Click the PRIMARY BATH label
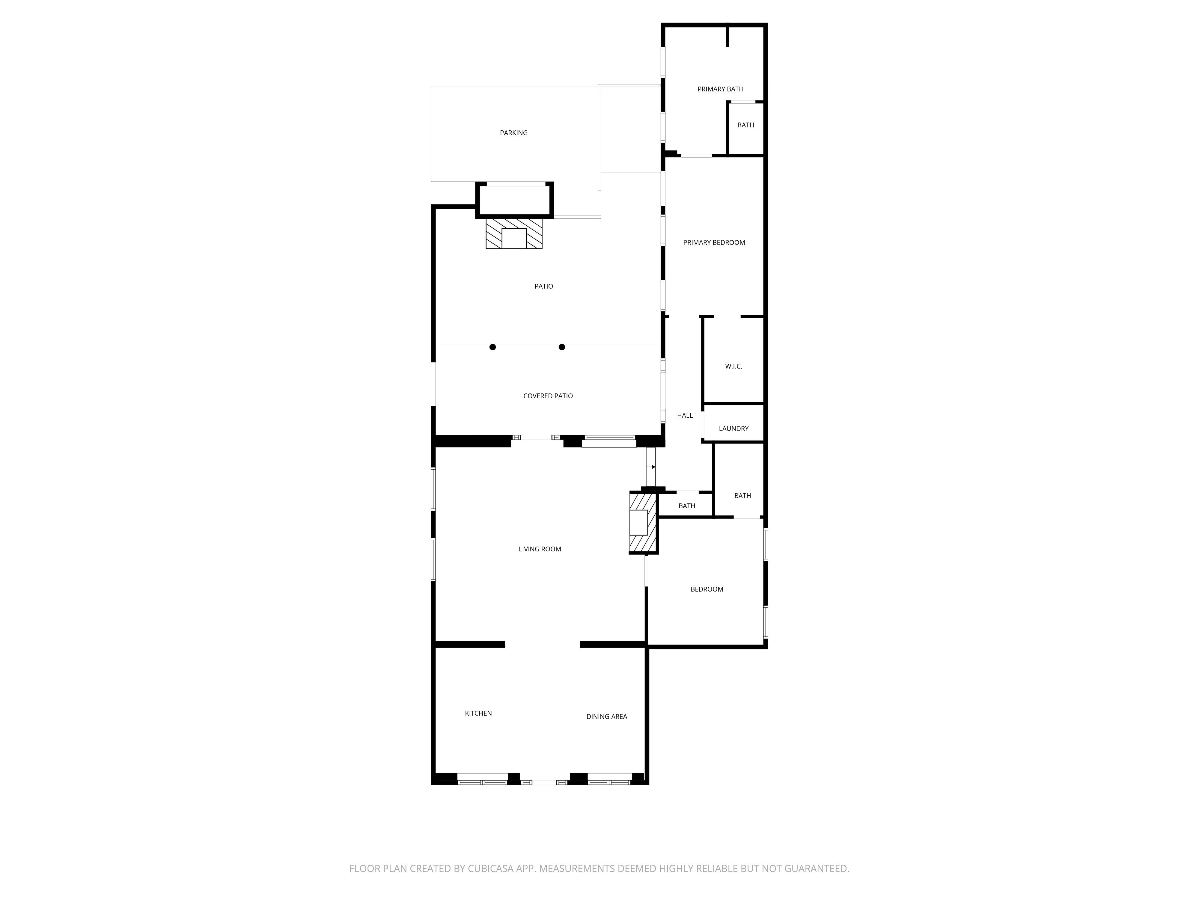tap(720, 89)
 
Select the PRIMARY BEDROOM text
tap(714, 242)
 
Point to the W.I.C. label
tap(733, 366)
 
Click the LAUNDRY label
tap(733, 429)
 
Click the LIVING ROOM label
tap(540, 549)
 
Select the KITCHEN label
tap(478, 713)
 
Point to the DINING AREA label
tap(607, 717)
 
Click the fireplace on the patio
tap(514, 233)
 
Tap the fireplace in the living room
tap(643, 522)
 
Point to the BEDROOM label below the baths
tap(707, 589)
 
